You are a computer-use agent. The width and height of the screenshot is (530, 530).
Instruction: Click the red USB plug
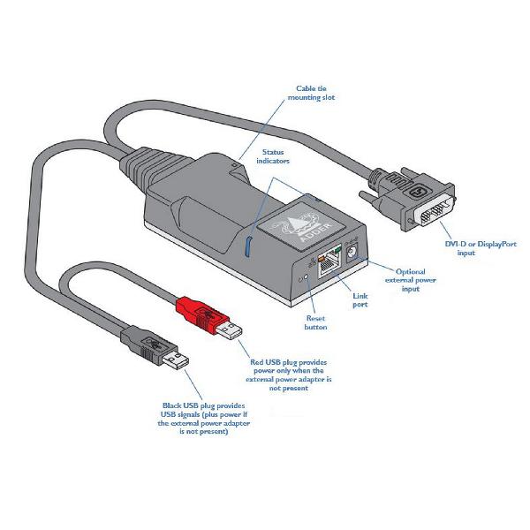tap(208, 317)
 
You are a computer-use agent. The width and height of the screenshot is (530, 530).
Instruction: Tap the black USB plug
tap(155, 348)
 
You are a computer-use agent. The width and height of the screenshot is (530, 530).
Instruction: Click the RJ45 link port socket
tap(329, 265)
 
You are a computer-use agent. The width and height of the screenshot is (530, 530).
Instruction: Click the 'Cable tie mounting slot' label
tap(311, 93)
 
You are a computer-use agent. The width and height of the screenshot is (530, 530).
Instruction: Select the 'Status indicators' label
tap(273, 156)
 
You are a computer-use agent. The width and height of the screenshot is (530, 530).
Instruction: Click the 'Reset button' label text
tap(315, 322)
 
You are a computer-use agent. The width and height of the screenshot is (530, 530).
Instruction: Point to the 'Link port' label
tap(360, 300)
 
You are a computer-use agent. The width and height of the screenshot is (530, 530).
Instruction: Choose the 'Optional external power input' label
tap(411, 280)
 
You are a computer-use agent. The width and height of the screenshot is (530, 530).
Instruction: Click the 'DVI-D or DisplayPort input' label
tap(481, 248)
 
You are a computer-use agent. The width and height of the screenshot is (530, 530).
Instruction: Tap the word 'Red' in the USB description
tap(256, 362)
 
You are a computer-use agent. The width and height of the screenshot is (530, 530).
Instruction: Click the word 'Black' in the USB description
tap(171, 405)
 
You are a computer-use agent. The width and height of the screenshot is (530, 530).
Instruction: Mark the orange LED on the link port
tap(322, 259)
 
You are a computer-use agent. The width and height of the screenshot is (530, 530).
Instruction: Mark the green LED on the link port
tap(337, 251)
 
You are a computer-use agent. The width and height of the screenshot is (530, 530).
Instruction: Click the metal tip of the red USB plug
tap(230, 330)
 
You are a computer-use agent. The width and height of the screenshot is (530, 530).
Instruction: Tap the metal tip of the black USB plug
tap(176, 360)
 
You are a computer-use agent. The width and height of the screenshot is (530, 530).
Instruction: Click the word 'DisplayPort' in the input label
tap(496, 244)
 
